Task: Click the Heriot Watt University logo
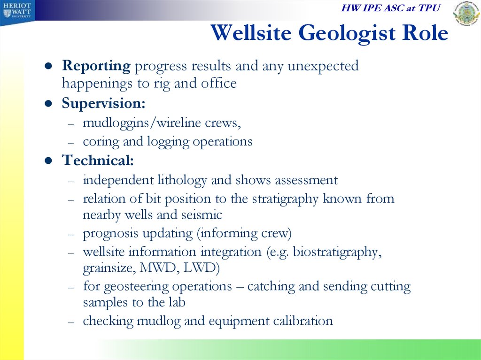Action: (17, 12)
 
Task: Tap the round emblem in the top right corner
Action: (467, 13)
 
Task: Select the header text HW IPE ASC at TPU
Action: (390, 8)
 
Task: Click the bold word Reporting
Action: (96, 66)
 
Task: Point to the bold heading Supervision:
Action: (103, 103)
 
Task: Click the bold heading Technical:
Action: (98, 160)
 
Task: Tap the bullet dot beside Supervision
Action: (48, 103)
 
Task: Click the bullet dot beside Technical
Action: (48, 161)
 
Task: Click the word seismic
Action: (202, 214)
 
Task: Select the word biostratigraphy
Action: (337, 253)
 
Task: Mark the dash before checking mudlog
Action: (71, 322)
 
